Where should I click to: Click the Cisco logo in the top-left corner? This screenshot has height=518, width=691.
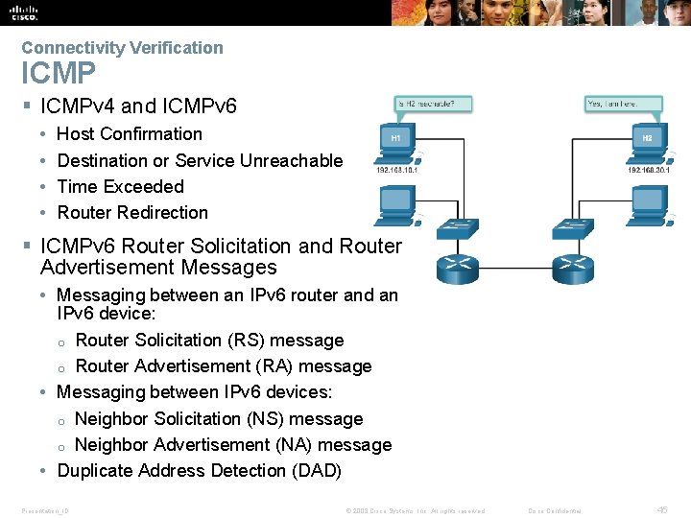[23, 12]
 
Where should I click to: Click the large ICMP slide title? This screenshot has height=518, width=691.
[59, 73]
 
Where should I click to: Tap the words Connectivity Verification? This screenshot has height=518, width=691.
[122, 47]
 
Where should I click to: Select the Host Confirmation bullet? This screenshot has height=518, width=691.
[130, 134]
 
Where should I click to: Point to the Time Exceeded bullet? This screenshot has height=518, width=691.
[120, 186]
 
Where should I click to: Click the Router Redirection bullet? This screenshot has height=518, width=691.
[132, 212]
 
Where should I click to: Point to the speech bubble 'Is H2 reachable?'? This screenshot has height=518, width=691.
[425, 103]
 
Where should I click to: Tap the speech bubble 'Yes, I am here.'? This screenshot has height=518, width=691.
[611, 103]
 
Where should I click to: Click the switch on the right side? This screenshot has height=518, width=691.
[575, 228]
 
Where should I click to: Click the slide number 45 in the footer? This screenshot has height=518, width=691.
[662, 510]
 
